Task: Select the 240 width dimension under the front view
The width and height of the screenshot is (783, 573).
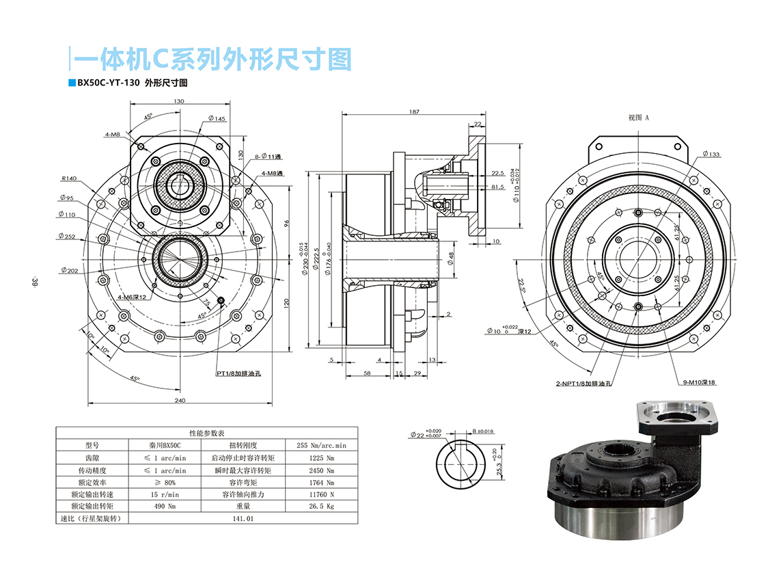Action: (x=180, y=400)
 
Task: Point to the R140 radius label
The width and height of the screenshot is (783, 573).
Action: (x=69, y=178)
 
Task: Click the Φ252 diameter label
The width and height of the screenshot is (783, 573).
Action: (x=67, y=237)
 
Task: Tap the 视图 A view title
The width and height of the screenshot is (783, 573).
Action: (x=638, y=118)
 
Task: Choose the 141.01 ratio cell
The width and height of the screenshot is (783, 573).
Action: (x=243, y=519)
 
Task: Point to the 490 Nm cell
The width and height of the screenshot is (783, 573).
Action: (x=165, y=507)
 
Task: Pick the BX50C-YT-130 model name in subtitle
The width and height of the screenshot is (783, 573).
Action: (x=109, y=83)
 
